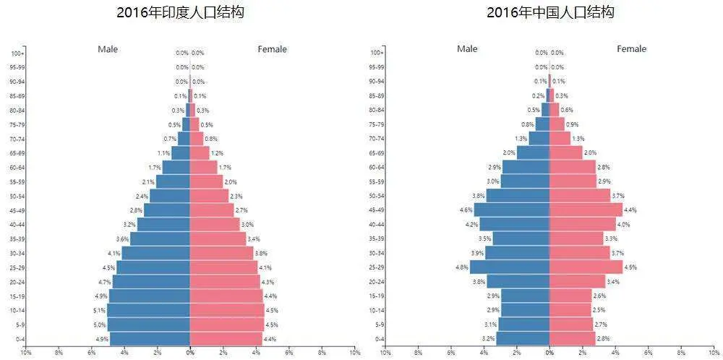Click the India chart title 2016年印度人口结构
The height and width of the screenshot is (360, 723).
coord(179,13)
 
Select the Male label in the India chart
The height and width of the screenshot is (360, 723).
coord(108,49)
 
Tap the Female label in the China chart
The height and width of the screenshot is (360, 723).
coord(631,49)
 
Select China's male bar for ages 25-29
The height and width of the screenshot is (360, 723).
coord(510,267)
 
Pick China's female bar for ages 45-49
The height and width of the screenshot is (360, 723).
coord(586,210)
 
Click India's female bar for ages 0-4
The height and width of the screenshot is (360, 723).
coord(226,338)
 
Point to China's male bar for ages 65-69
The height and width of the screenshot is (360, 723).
coord(533,153)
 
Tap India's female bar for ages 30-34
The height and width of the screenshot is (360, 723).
coord(221,253)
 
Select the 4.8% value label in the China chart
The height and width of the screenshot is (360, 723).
coord(462,267)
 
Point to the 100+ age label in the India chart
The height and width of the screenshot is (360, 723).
coord(18,53)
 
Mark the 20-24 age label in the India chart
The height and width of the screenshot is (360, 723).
coord(18,282)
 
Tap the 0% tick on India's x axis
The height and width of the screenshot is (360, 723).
coord(190,353)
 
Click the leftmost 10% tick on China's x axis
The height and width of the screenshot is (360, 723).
coord(385,353)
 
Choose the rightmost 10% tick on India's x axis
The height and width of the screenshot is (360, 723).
coord(354,353)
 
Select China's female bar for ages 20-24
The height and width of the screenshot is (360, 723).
coord(577,281)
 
